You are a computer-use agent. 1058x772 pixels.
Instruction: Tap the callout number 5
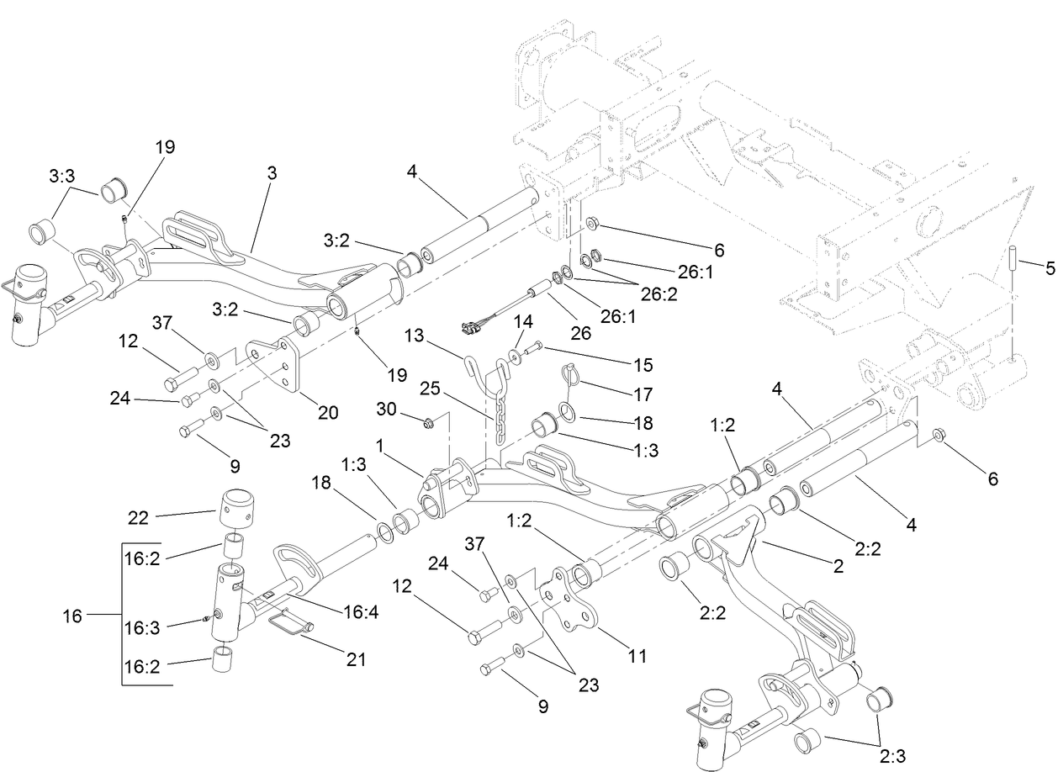[x=1049, y=269]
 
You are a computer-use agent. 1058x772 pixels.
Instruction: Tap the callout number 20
[x=327, y=412]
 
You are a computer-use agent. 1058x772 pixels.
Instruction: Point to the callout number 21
[x=356, y=659]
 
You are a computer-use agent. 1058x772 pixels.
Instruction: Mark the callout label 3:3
[x=61, y=178]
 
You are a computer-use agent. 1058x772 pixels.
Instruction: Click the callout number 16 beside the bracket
[x=72, y=616]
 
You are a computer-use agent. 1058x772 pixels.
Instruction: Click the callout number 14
[x=524, y=321]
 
